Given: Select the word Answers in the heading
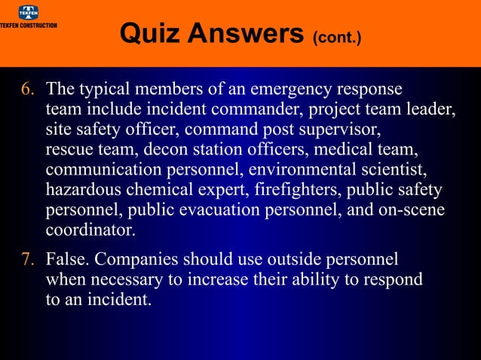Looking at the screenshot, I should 248,32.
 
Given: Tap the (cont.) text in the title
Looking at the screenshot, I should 336,36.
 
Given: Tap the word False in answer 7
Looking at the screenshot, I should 66,261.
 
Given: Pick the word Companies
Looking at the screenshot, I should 133,261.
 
